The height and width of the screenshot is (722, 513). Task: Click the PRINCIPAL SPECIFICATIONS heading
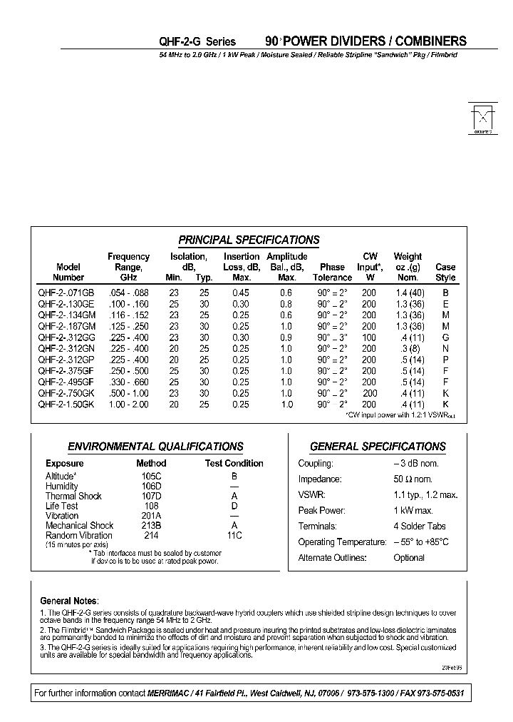click(249, 240)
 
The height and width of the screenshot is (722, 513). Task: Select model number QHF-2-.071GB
click(66, 293)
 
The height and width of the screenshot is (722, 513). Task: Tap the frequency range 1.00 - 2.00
click(129, 404)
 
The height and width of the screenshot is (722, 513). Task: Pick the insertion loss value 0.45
click(241, 293)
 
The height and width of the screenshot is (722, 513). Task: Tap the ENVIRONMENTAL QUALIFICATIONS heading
click(155, 447)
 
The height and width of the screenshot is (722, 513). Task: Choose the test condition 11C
click(234, 535)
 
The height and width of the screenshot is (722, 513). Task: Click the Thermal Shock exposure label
click(73, 496)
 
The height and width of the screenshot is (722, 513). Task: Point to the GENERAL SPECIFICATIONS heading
click(378, 447)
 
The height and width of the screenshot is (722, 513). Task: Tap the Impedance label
click(320, 479)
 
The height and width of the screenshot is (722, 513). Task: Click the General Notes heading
click(69, 601)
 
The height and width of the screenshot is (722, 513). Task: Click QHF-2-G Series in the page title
click(197, 42)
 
